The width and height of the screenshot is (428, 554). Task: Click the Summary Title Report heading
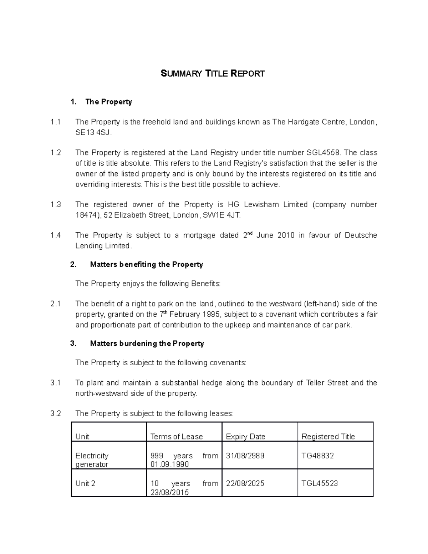coord(213,74)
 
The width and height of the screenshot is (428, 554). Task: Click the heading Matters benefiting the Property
coord(146,264)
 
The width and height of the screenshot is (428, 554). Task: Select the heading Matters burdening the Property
coord(147,344)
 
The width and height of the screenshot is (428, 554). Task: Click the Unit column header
coord(82,437)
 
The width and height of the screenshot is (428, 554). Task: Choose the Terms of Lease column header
coord(177,437)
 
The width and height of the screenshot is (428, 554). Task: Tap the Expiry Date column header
coord(245,437)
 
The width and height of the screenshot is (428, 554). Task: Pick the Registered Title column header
coord(328,437)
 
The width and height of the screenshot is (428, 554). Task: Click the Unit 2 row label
coord(85,484)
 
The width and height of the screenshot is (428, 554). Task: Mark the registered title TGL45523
coord(320,484)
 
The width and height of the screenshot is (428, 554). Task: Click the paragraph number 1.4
coord(56,235)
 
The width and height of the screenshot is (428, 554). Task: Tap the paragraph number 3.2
coord(56,413)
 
